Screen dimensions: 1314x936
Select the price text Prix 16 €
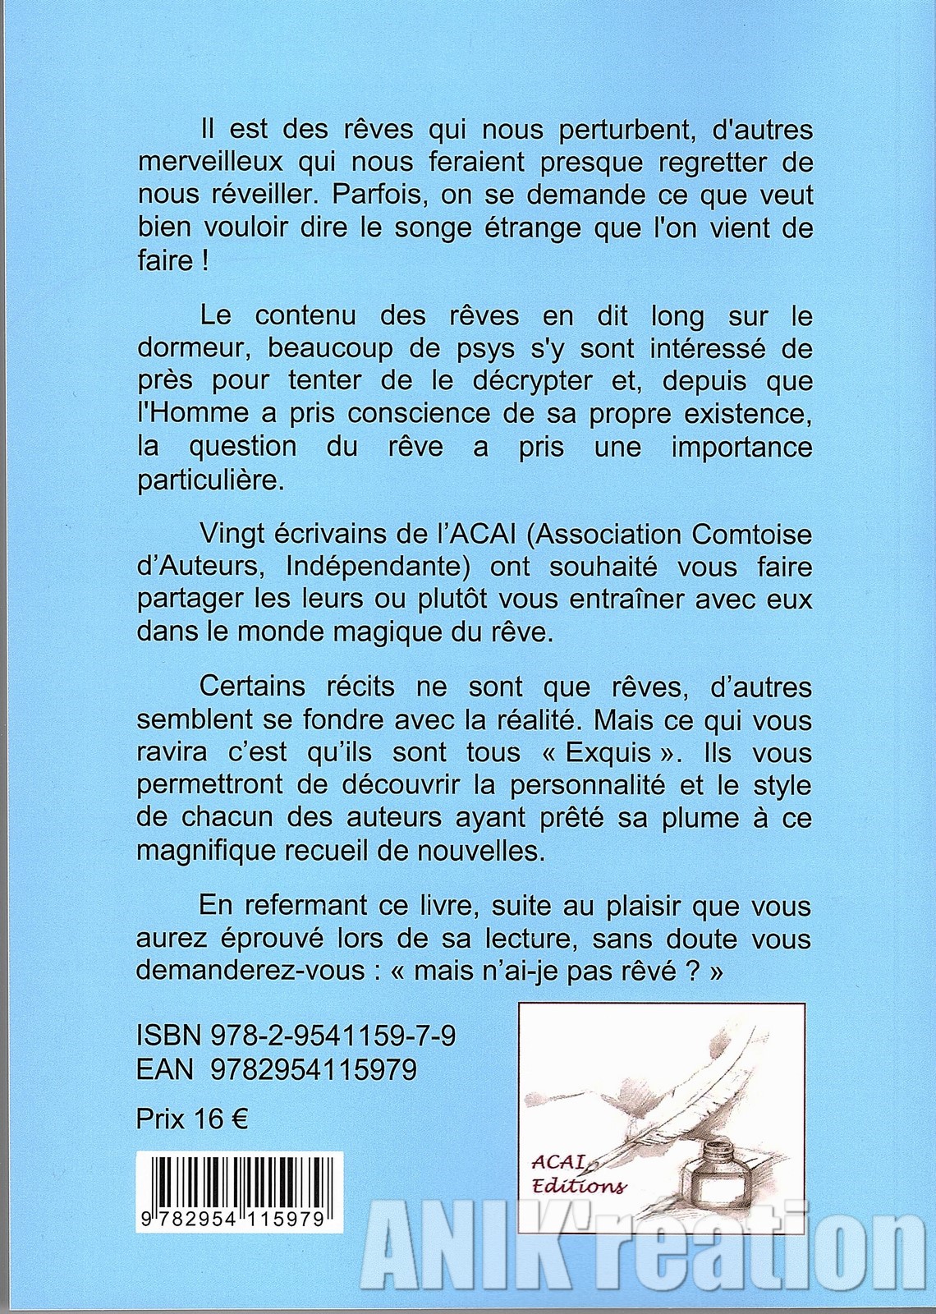(x=192, y=1119)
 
